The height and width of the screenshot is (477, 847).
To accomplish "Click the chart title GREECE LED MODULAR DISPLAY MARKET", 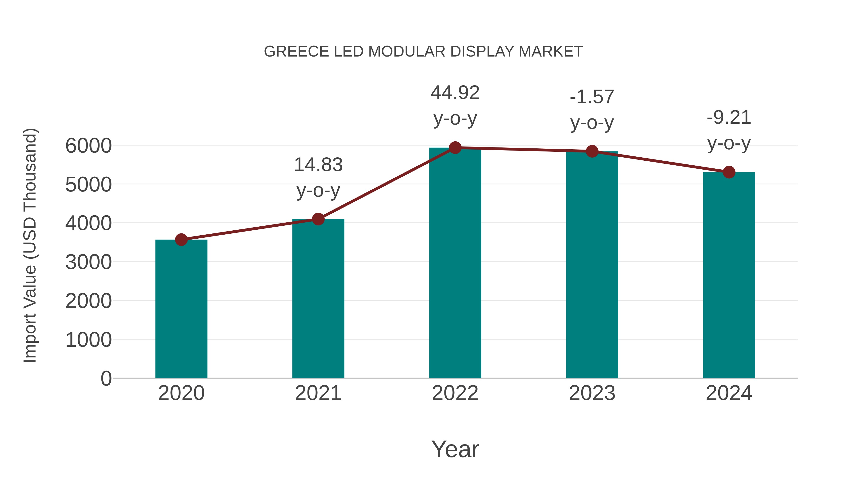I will coord(423,52).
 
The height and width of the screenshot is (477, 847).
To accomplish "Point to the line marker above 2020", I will coord(181,240).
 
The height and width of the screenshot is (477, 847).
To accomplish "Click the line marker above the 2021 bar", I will coord(318,219).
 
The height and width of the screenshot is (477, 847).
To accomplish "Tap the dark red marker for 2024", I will coord(729,172).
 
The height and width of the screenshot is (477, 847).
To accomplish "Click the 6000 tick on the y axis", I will coord(88,146).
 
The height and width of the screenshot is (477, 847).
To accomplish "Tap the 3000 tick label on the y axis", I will coord(88,262).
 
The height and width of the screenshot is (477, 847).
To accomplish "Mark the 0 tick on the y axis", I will coord(106,379).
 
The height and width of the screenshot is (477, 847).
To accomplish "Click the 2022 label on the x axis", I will coord(455,393).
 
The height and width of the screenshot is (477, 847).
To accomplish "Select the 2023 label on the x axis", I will coord(592,393).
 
